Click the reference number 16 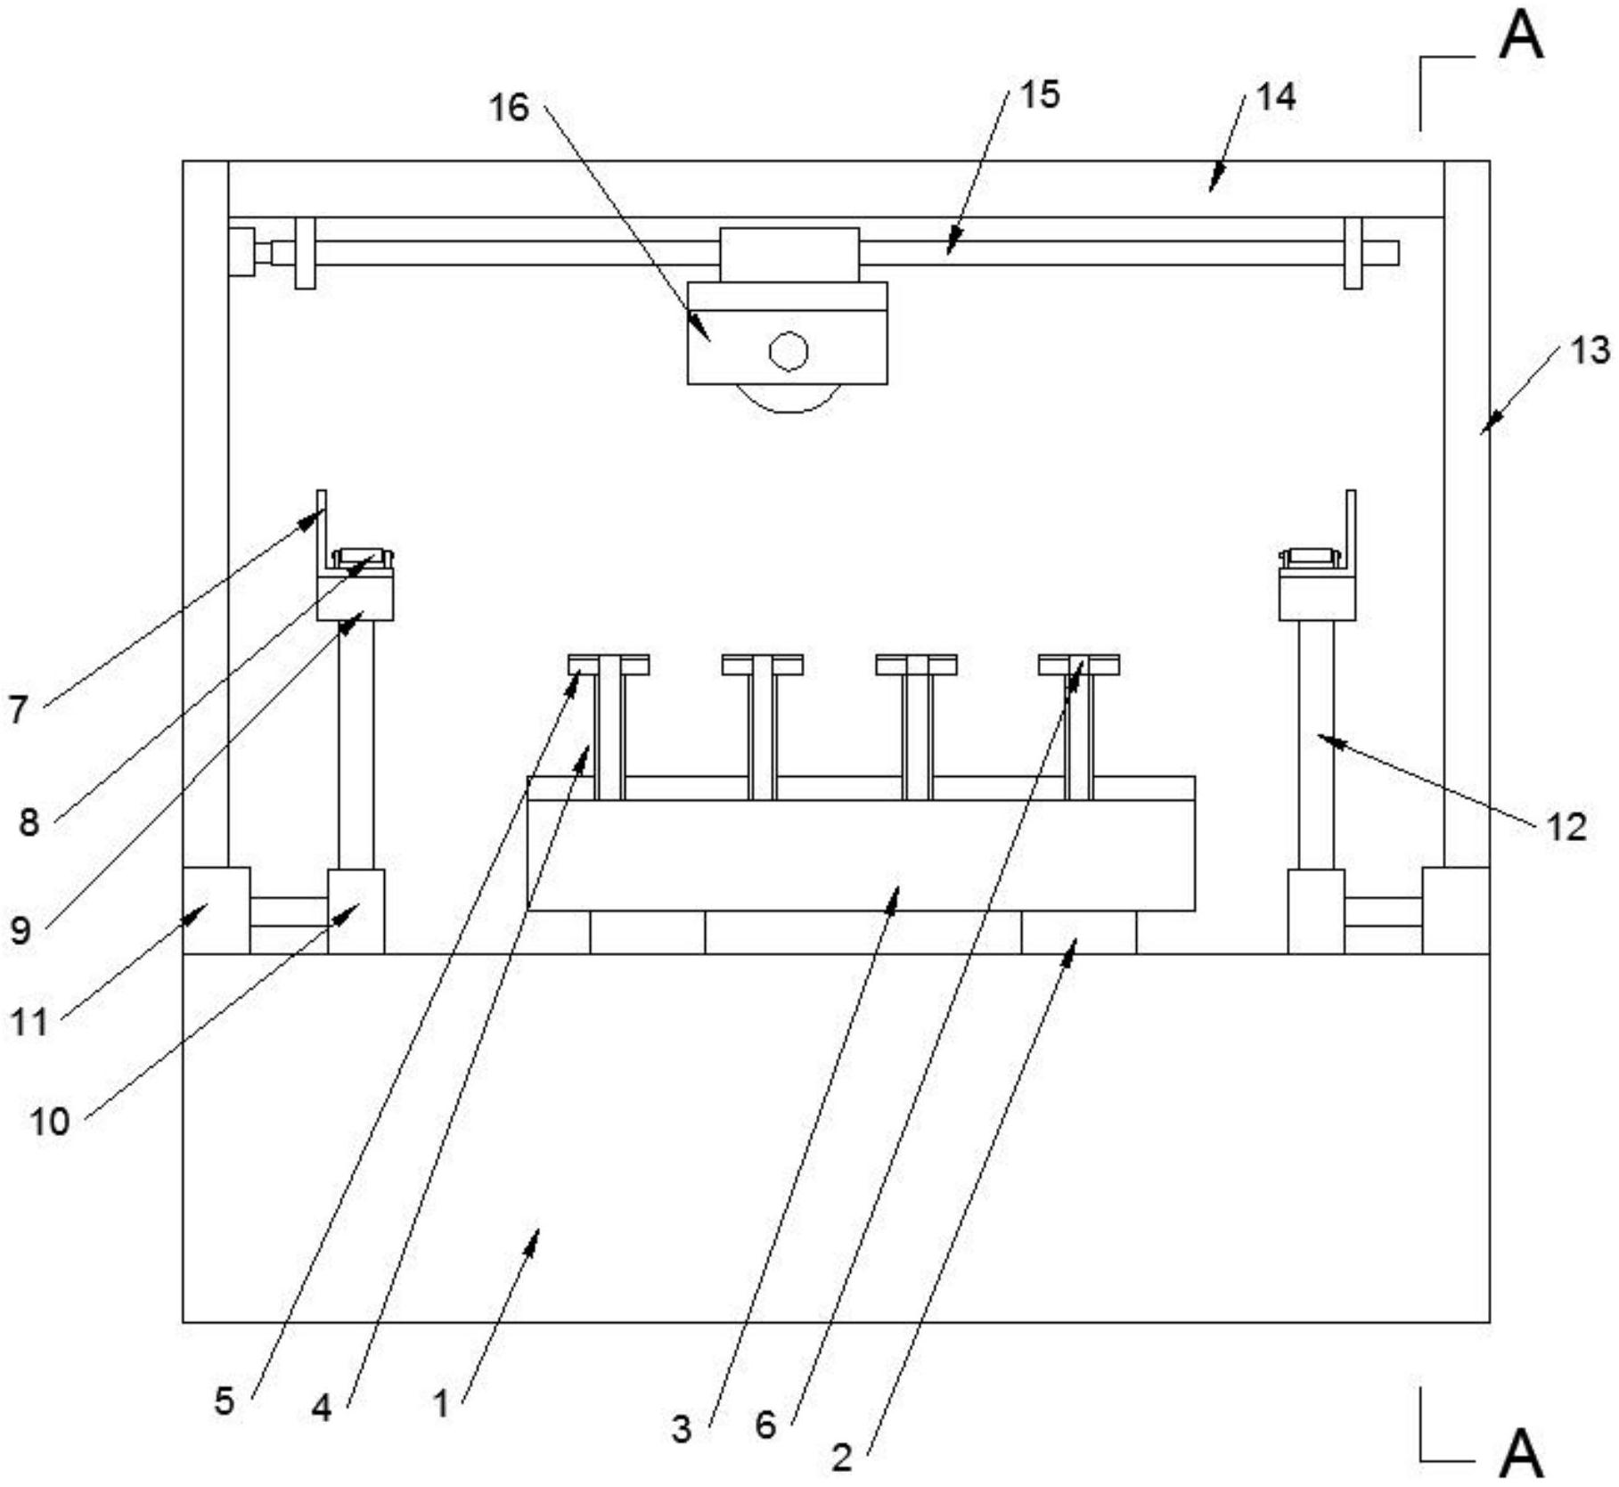(509, 109)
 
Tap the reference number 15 (1040, 94)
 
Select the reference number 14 (1275, 96)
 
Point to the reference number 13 (1590, 351)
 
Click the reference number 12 (1566, 828)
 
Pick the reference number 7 (19, 710)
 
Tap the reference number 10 (50, 1122)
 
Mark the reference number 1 (441, 1405)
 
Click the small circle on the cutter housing (789, 351)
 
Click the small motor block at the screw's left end (241, 252)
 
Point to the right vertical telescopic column (1316, 744)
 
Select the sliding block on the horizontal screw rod (789, 254)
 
